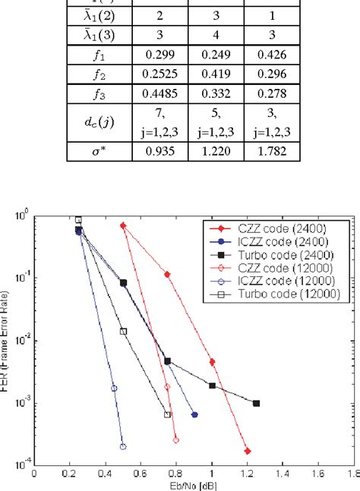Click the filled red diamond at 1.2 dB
(248, 451)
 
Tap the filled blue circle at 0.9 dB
(194, 415)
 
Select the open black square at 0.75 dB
(168, 414)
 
